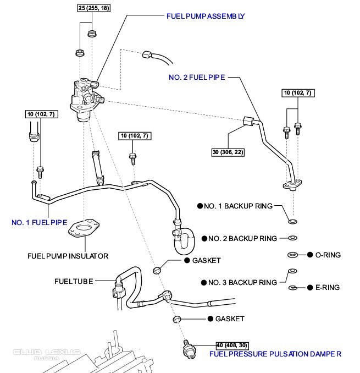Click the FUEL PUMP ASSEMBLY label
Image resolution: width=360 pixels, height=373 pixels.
204,17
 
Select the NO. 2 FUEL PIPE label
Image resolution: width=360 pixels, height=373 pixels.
196,78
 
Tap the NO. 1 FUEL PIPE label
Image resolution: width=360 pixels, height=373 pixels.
39,223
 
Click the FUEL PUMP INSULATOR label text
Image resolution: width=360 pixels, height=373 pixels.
68,256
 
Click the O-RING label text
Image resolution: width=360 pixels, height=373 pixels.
328,255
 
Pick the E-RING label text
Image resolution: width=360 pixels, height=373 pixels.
328,287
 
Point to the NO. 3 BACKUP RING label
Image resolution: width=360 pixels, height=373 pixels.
242,282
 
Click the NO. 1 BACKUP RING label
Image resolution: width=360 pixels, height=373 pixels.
238,206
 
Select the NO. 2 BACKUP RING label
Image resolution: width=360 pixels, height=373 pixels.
242,238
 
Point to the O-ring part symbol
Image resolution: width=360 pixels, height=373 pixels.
293,255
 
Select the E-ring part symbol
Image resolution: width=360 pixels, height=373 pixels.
293,287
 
